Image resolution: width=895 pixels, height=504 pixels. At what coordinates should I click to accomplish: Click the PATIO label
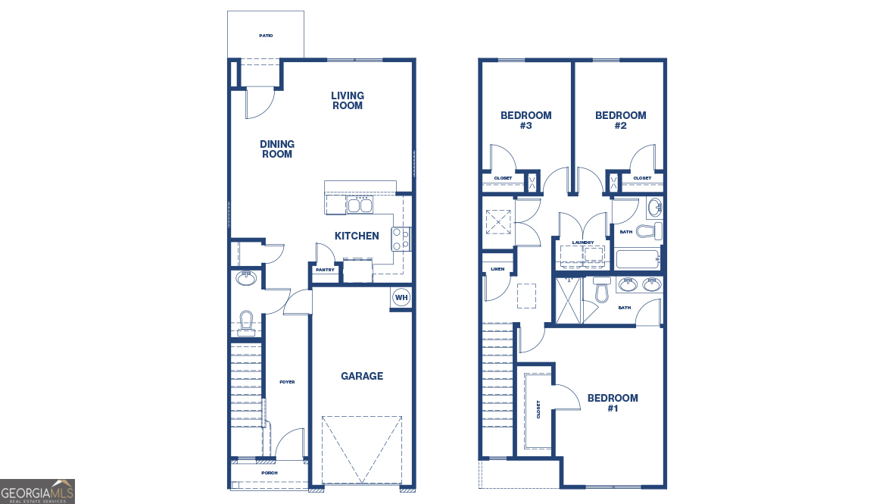266,36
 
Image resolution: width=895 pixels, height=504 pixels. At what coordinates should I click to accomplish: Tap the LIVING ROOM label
347,101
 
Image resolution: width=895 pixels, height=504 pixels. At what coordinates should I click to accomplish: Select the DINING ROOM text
276,149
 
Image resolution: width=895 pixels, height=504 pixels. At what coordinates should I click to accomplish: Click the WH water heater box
401,297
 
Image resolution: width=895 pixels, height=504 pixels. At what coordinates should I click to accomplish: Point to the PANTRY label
325,270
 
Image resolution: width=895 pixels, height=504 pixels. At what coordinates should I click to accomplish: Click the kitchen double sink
360,205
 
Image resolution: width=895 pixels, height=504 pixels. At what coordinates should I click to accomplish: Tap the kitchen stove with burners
401,239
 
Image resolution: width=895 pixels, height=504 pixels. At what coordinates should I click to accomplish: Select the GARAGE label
362,376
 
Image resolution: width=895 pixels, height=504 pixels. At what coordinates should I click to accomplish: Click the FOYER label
287,382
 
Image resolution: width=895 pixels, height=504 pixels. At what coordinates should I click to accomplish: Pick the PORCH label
270,473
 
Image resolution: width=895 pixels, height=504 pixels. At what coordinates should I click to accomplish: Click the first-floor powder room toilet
246,321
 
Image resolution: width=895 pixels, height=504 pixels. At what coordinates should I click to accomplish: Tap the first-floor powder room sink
246,278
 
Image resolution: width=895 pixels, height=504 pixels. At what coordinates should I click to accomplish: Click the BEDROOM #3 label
526,121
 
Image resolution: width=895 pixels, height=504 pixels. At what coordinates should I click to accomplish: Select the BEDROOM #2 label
621,121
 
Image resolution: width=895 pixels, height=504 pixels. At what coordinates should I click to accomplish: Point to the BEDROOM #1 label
613,402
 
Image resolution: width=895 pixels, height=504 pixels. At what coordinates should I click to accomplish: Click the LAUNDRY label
582,243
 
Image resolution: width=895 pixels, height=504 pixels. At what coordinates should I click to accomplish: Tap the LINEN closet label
497,269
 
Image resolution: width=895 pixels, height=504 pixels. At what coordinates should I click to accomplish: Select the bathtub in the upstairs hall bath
637,259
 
